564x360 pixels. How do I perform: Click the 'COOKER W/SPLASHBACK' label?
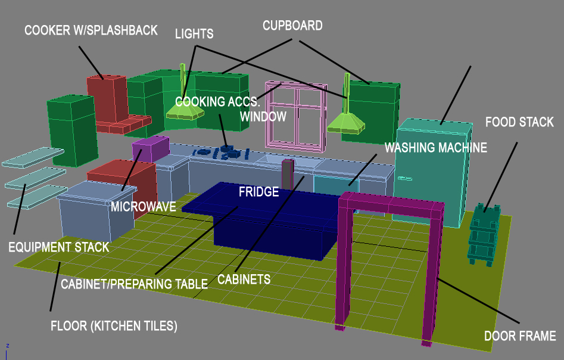point(91,30)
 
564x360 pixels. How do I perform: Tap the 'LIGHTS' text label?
point(194,33)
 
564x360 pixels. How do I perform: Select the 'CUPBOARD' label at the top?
point(292,26)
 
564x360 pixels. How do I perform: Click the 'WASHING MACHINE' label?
point(436,147)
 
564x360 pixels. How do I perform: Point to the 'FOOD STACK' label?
point(519,122)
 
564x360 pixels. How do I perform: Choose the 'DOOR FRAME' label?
point(520,336)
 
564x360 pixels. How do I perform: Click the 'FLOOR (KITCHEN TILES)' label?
point(114,326)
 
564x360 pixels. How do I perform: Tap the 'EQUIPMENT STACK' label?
point(59,247)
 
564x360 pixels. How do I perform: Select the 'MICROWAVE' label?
point(144,207)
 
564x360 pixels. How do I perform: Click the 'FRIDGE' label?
point(258,192)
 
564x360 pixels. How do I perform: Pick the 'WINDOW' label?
point(263,116)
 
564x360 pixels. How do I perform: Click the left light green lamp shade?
point(185,111)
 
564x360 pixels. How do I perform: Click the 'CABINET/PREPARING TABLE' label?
point(134,283)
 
